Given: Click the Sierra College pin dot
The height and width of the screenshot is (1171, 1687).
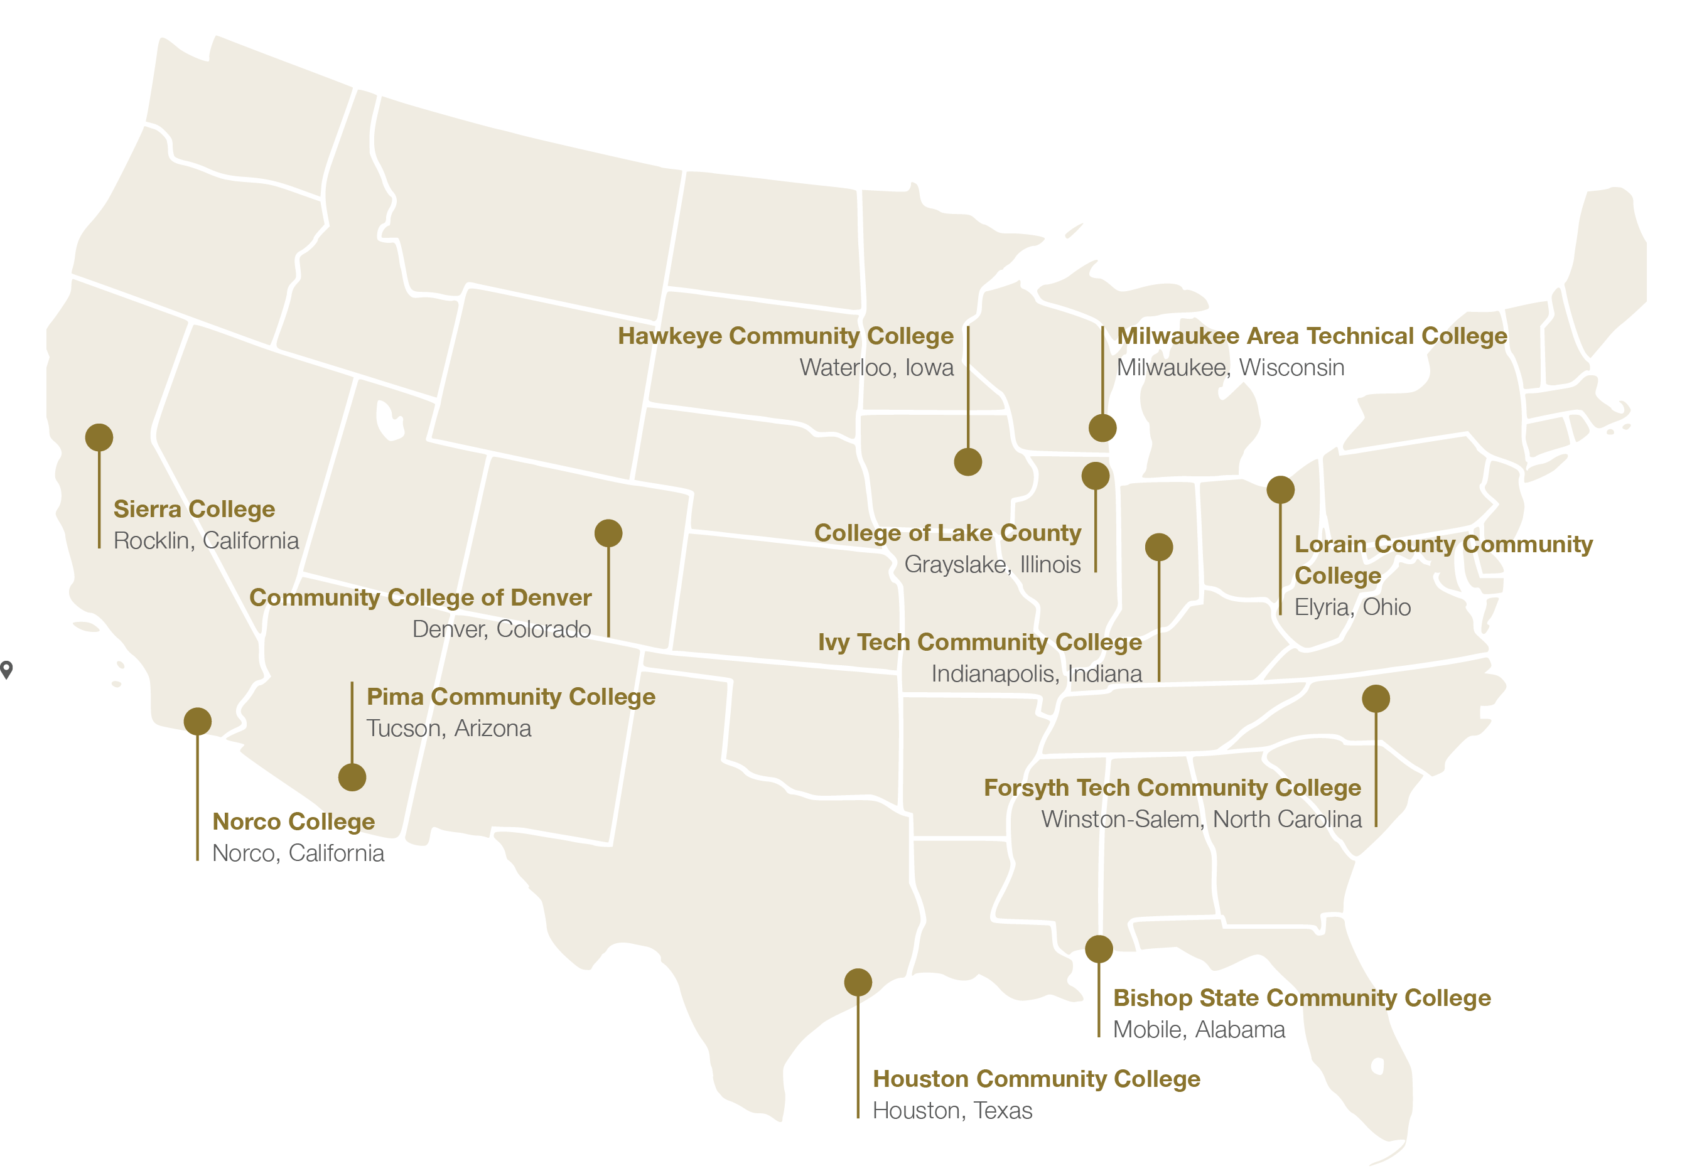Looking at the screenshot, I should (x=99, y=437).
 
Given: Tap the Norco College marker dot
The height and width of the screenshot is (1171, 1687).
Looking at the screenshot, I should (x=198, y=721).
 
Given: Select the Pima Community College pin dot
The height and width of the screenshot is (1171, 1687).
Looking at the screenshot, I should (x=352, y=777).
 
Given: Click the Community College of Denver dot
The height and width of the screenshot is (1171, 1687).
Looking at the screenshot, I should (x=608, y=533).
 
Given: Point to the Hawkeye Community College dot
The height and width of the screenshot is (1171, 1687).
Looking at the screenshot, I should (x=967, y=463).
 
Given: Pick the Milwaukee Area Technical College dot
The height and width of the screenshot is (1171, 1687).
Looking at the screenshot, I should (x=1102, y=428).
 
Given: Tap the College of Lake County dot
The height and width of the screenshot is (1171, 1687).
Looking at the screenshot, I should (x=1096, y=476).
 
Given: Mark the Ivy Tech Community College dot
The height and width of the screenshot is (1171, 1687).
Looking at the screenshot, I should (x=1159, y=547).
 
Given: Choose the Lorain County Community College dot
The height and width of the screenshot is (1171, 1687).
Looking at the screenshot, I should (x=1280, y=489).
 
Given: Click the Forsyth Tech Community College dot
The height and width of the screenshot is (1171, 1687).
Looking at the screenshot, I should (x=1376, y=698).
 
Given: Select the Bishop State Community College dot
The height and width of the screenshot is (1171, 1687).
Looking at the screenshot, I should (x=1099, y=949).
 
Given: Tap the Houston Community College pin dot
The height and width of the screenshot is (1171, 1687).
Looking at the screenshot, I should (x=858, y=983).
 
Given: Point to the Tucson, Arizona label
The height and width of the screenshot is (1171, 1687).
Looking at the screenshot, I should (x=448, y=729).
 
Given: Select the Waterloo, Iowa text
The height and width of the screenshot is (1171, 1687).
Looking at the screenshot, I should (x=876, y=368).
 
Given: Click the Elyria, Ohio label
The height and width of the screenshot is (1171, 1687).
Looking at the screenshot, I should (x=1352, y=607).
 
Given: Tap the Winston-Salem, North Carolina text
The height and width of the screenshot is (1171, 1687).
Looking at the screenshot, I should (x=1201, y=819).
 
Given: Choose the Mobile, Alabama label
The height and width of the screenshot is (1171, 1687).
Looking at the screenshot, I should (x=1199, y=1029).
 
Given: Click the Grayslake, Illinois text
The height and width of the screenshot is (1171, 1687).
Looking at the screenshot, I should (x=992, y=565).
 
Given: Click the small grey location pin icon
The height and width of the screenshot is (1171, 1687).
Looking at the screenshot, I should (x=7, y=669).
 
